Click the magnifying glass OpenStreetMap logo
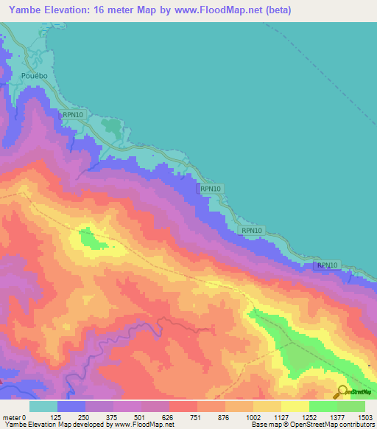(341, 391)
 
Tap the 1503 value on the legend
(366, 416)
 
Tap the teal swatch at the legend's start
(43, 406)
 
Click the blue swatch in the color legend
(71, 406)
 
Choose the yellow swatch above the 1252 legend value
(295, 406)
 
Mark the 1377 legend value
(338, 416)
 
